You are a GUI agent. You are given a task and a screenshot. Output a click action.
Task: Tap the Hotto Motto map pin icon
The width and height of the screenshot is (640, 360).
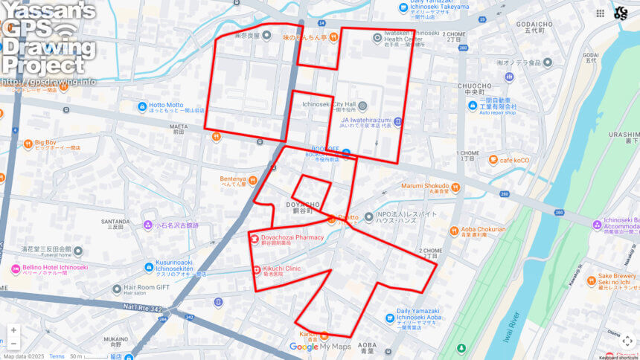142,106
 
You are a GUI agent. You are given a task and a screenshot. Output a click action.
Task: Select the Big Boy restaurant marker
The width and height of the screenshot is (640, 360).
28,143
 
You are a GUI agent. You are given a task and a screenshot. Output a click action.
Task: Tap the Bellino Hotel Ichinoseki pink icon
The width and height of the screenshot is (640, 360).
16,269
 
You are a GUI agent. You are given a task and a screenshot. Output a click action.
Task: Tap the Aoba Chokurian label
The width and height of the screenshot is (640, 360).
483,230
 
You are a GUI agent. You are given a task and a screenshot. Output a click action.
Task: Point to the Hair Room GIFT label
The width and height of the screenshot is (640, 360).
147,287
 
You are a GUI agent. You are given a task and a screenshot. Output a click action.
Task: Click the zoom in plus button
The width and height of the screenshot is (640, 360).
13,330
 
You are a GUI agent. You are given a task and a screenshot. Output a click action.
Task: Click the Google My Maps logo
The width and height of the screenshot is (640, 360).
319,347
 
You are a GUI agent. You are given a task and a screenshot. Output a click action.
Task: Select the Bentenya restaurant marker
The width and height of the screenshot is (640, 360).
252,179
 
